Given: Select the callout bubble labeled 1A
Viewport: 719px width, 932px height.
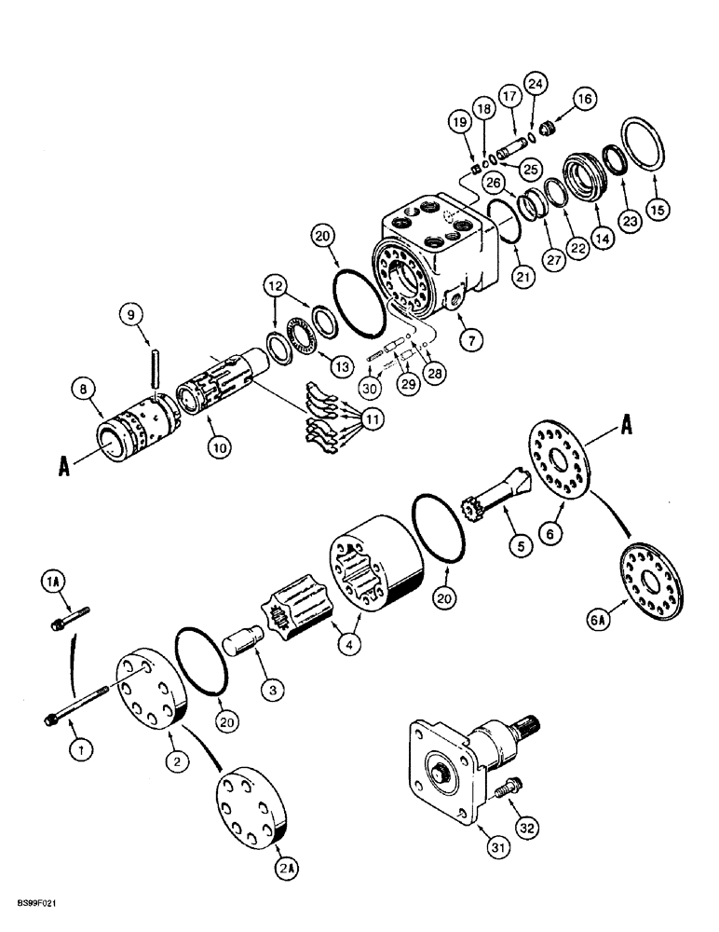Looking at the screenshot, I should click(x=51, y=583).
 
